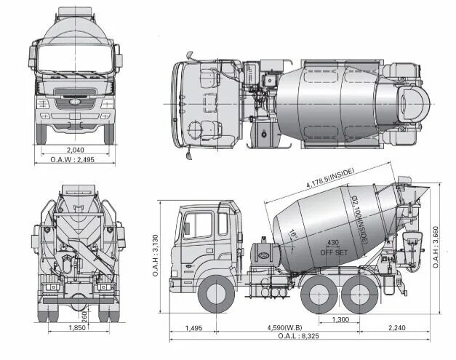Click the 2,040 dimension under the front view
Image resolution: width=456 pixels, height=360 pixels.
coord(76,150)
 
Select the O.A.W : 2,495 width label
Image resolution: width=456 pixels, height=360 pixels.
coord(73,160)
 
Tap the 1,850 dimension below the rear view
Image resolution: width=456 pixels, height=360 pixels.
coord(77,328)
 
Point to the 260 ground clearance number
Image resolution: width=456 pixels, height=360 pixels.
coord(84,316)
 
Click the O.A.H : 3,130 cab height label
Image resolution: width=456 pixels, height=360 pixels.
coord(156,255)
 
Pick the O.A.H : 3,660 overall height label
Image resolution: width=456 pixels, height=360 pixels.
coord(436,247)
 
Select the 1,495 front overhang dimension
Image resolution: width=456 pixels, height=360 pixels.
coord(193,328)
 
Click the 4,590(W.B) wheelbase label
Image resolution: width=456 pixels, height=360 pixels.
coord(284,328)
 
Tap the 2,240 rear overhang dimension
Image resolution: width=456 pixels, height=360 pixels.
coord(396,328)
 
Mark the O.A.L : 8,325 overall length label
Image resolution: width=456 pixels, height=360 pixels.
coord(298,336)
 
